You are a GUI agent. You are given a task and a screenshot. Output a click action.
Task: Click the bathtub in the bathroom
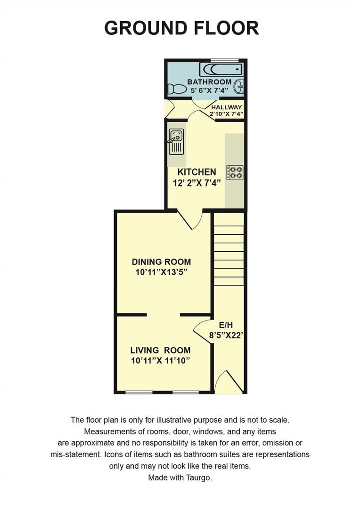tap(221, 70)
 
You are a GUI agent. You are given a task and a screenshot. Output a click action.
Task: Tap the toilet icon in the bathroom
tap(177, 89)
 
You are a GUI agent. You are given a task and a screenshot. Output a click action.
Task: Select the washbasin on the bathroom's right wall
tap(240, 86)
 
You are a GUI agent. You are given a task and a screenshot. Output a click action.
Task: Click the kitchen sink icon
tap(176, 141)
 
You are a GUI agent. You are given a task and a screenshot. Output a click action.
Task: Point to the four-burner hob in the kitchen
tap(235, 172)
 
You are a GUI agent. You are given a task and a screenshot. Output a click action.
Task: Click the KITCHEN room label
tap(196, 172)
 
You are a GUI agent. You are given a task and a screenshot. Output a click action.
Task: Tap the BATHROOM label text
tap(209, 82)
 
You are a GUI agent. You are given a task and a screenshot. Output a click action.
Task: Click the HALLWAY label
tap(226, 107)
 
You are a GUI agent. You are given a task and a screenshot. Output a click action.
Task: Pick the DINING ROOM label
tap(161, 262)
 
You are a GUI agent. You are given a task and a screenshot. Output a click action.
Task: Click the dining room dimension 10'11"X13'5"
tap(161, 272)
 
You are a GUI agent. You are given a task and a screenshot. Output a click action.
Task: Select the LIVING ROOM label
tap(160, 350)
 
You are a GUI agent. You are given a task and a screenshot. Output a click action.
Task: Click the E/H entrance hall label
tap(225, 325)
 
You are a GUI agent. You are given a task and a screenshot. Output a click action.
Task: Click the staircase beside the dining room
tap(229, 254)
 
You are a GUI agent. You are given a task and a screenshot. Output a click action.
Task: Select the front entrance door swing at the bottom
tap(229, 383)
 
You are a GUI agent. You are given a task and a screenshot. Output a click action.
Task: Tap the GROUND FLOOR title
tap(181, 28)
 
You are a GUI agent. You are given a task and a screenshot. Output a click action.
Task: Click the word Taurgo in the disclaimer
tap(200, 477)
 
